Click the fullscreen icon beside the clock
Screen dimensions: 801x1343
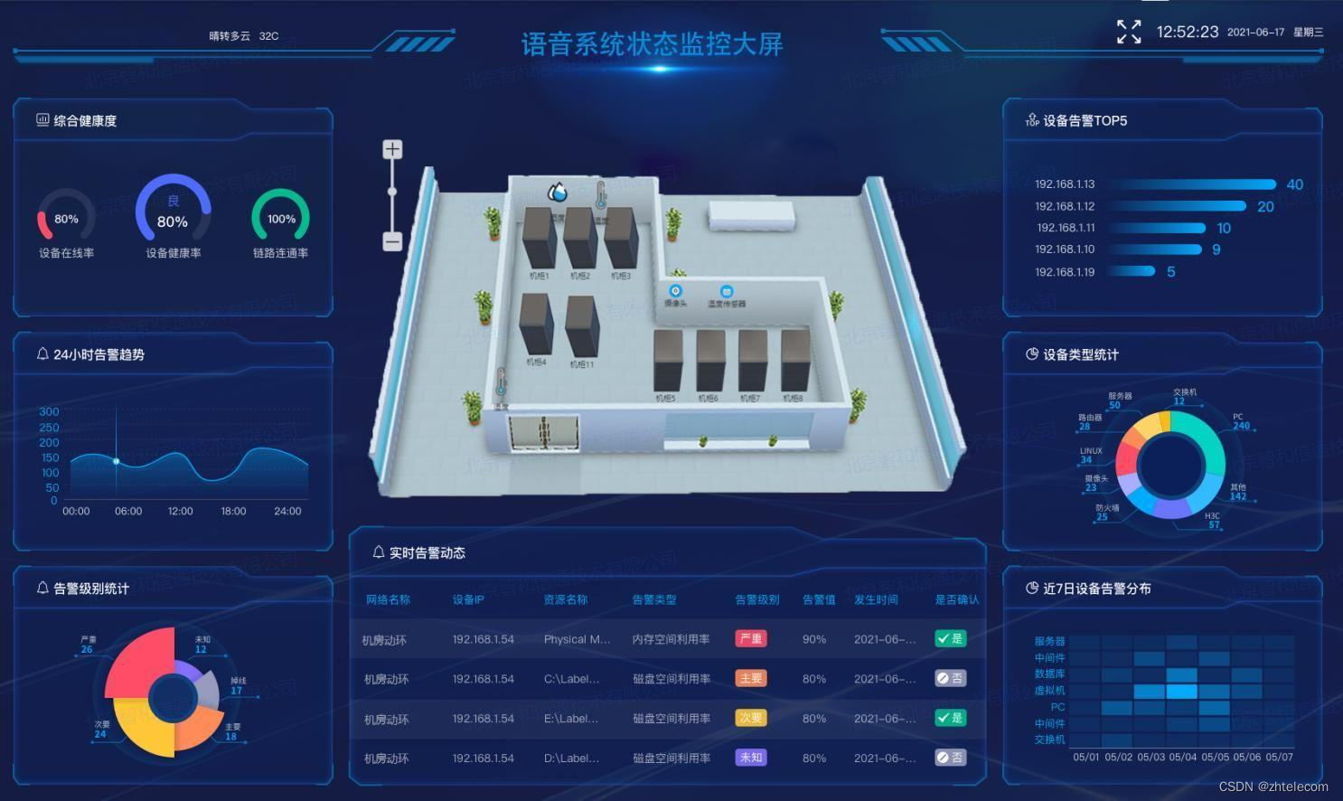pos(1129,32)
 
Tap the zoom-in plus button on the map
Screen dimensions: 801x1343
pos(392,149)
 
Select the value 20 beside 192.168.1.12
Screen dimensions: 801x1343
pos(1265,206)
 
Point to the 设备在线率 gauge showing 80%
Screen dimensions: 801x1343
pos(66,219)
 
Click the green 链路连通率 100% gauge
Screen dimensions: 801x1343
pos(280,218)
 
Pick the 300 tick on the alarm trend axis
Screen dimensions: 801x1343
pos(49,411)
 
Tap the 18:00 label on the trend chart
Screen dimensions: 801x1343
pos(233,511)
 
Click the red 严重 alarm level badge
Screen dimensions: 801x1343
pos(750,638)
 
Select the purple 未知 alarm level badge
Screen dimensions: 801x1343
pos(750,758)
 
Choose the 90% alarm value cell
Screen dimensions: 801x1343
pos(813,639)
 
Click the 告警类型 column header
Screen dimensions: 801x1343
pos(654,599)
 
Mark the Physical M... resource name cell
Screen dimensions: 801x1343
pos(577,639)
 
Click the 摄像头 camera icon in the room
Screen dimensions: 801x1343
pos(675,291)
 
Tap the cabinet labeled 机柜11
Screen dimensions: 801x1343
pos(581,327)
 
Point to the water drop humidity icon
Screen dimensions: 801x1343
pos(557,192)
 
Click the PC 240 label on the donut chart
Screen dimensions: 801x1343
pos(1241,421)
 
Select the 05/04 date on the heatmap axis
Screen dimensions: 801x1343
pos(1182,757)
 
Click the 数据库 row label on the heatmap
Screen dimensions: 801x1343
pos(1049,674)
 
